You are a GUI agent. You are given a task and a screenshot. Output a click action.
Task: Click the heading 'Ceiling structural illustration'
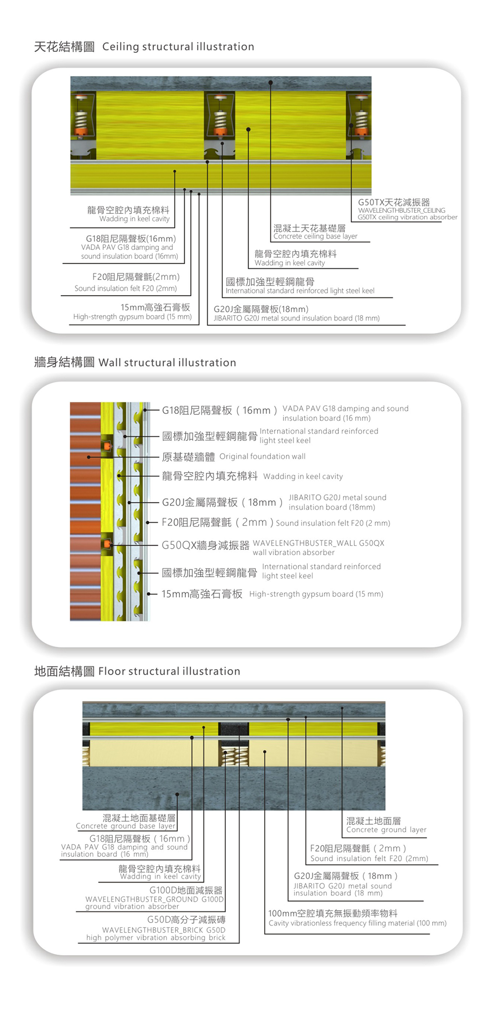click(178, 46)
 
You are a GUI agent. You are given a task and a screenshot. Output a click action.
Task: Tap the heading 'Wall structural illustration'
click(167, 363)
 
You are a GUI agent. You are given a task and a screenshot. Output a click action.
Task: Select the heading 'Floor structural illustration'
click(169, 671)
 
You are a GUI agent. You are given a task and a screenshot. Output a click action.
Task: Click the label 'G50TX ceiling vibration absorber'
click(408, 217)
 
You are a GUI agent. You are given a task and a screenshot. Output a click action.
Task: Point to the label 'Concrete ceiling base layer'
click(315, 237)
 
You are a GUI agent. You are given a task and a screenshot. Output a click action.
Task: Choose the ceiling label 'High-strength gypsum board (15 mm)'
click(132, 317)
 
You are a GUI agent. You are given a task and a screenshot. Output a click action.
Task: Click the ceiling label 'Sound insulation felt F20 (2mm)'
click(125, 288)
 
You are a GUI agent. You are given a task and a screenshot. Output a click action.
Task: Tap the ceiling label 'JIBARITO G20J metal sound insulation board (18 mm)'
click(296, 319)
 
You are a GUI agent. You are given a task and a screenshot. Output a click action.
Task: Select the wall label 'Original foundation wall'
click(262, 456)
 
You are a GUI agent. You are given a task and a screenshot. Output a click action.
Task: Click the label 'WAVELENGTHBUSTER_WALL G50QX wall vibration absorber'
click(318, 548)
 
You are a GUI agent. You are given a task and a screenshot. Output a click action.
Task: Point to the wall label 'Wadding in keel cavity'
click(303, 477)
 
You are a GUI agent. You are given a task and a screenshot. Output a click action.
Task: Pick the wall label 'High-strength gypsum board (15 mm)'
click(316, 594)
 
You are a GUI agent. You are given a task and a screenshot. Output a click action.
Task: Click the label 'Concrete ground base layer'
click(125, 826)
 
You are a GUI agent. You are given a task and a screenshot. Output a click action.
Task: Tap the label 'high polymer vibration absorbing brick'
click(156, 937)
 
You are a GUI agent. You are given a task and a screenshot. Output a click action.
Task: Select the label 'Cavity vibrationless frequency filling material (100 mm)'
click(358, 923)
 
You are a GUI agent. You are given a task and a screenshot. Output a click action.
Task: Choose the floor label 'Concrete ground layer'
click(386, 830)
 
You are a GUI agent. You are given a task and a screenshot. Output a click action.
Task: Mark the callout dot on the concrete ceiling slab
click(271, 82)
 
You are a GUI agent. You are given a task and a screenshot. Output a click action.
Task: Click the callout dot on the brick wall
click(88, 457)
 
